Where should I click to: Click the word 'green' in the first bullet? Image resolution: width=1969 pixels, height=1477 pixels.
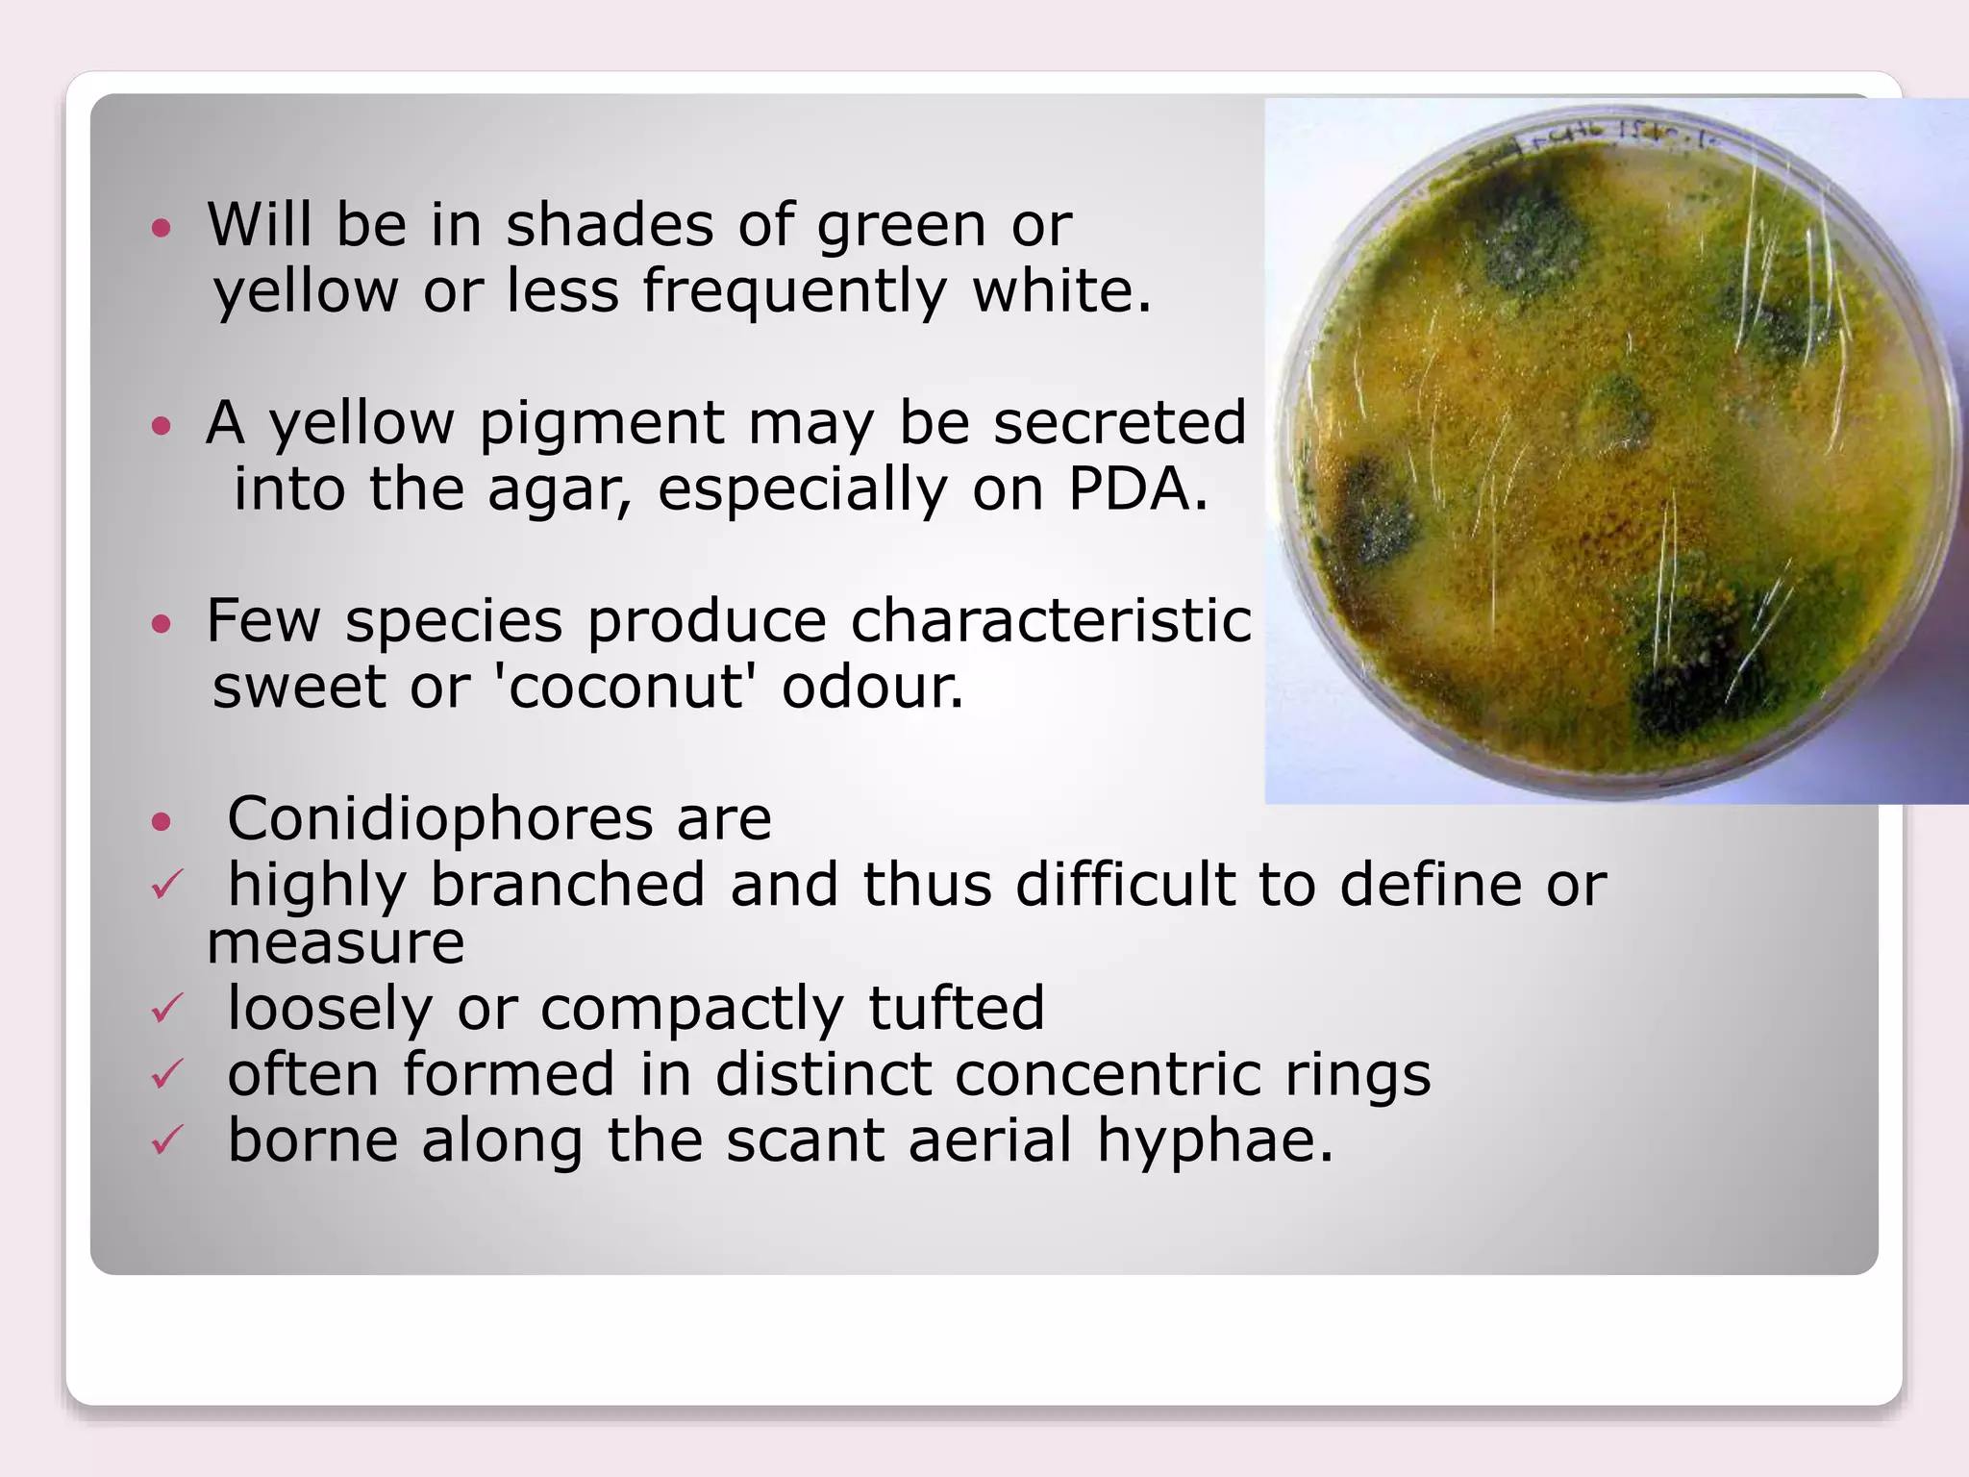point(901,226)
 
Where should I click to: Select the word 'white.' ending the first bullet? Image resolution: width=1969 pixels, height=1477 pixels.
point(1061,290)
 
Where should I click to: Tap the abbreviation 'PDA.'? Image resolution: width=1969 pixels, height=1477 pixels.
point(1137,488)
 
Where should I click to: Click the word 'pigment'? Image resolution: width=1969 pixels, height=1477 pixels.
point(601,423)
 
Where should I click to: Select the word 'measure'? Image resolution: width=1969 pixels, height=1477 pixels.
point(336,942)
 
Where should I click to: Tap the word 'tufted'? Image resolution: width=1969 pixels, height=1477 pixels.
point(956,1008)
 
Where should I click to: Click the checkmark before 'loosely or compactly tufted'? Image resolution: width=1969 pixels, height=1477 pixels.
point(167,1009)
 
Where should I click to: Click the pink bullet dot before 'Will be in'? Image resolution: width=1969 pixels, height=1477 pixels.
point(162,229)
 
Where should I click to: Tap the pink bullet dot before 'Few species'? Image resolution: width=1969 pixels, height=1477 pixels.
point(162,624)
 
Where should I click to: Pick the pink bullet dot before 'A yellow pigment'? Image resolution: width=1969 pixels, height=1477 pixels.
point(162,426)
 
